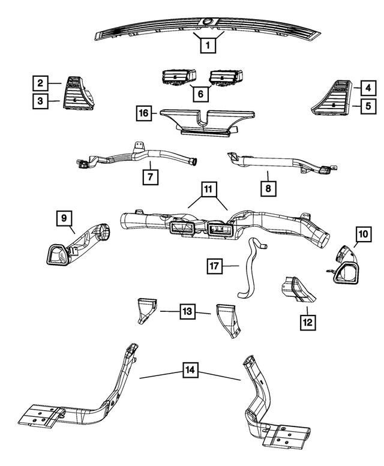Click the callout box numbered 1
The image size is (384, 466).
click(208, 45)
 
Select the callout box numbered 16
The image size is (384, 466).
click(144, 113)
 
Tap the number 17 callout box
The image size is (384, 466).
click(215, 266)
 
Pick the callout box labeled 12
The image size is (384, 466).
click(308, 322)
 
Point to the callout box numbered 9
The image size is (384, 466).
click(64, 218)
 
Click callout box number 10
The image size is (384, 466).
click(363, 234)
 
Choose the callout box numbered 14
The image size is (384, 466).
click(190, 370)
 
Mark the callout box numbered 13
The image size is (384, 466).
click(188, 311)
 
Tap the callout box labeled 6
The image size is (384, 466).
click(200, 94)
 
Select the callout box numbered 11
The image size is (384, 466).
click(208, 189)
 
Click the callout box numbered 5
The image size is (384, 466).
click(368, 106)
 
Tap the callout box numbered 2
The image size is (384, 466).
click(40, 83)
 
